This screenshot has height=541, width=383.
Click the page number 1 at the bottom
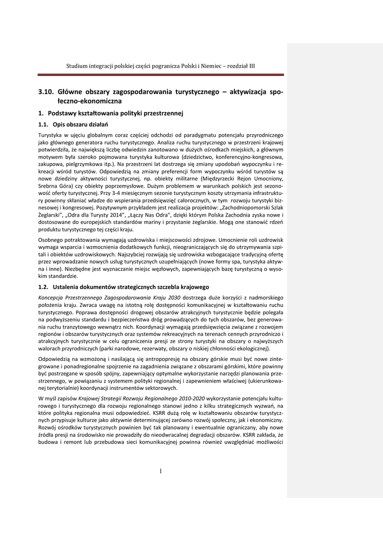(161, 471)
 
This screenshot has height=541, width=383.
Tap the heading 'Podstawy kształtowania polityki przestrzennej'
(115, 113)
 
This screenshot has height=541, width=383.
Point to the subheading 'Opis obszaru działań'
(80, 125)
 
